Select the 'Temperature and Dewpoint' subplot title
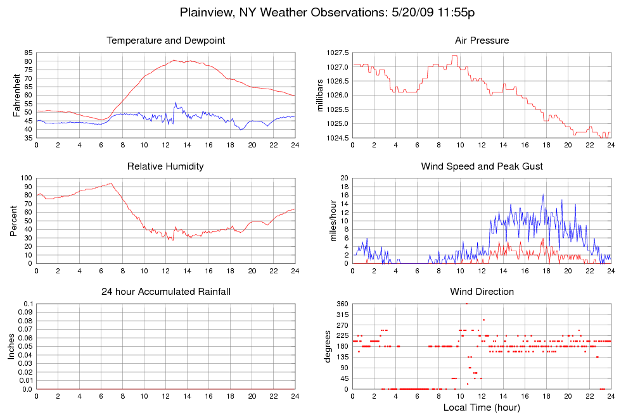166,40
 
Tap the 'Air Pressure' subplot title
482,40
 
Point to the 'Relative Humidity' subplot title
166,166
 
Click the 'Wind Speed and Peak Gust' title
482,166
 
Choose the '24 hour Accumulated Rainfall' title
166,292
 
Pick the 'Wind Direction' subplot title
482,292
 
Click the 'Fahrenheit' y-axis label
17,95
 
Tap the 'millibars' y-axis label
321,95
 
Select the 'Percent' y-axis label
14,221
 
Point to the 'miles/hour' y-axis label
329,221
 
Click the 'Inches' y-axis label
11,346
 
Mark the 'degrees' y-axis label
328,346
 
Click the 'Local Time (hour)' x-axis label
482,407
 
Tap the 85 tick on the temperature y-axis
28,53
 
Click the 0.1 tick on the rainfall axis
28,304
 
